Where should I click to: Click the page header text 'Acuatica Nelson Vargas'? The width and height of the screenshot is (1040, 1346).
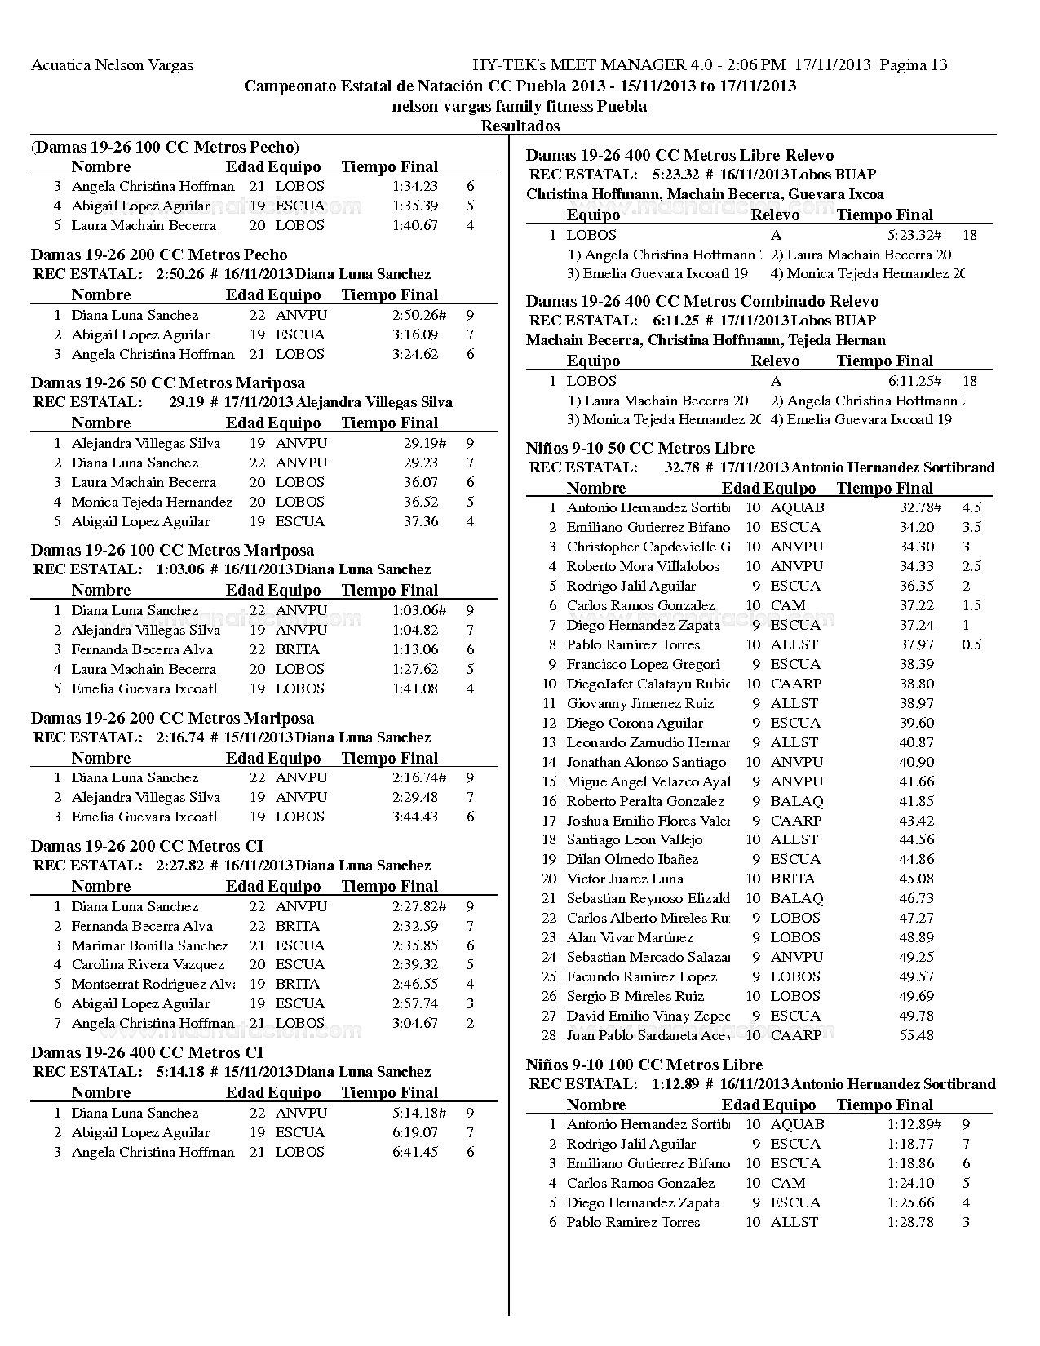(112, 65)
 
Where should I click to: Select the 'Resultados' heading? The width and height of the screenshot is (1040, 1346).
(520, 126)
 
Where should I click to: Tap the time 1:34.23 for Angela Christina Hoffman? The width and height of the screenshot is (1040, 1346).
(414, 186)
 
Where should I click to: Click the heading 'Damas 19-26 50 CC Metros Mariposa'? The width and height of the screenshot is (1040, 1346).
(168, 383)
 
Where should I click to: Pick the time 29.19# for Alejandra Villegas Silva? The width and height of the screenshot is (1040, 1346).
(424, 443)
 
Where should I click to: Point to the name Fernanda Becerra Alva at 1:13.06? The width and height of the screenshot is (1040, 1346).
(142, 649)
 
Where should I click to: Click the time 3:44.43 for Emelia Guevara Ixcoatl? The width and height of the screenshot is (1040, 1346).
(414, 817)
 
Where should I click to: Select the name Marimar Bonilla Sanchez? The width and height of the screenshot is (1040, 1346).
(150, 945)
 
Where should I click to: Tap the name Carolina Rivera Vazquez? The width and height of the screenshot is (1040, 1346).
(148, 964)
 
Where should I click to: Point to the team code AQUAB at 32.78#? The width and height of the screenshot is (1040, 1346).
(797, 507)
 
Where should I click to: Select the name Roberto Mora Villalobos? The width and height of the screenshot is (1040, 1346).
(643, 566)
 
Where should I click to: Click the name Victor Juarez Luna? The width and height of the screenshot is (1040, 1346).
(625, 879)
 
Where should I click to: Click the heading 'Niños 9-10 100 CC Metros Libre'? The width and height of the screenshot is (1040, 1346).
(644, 1065)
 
